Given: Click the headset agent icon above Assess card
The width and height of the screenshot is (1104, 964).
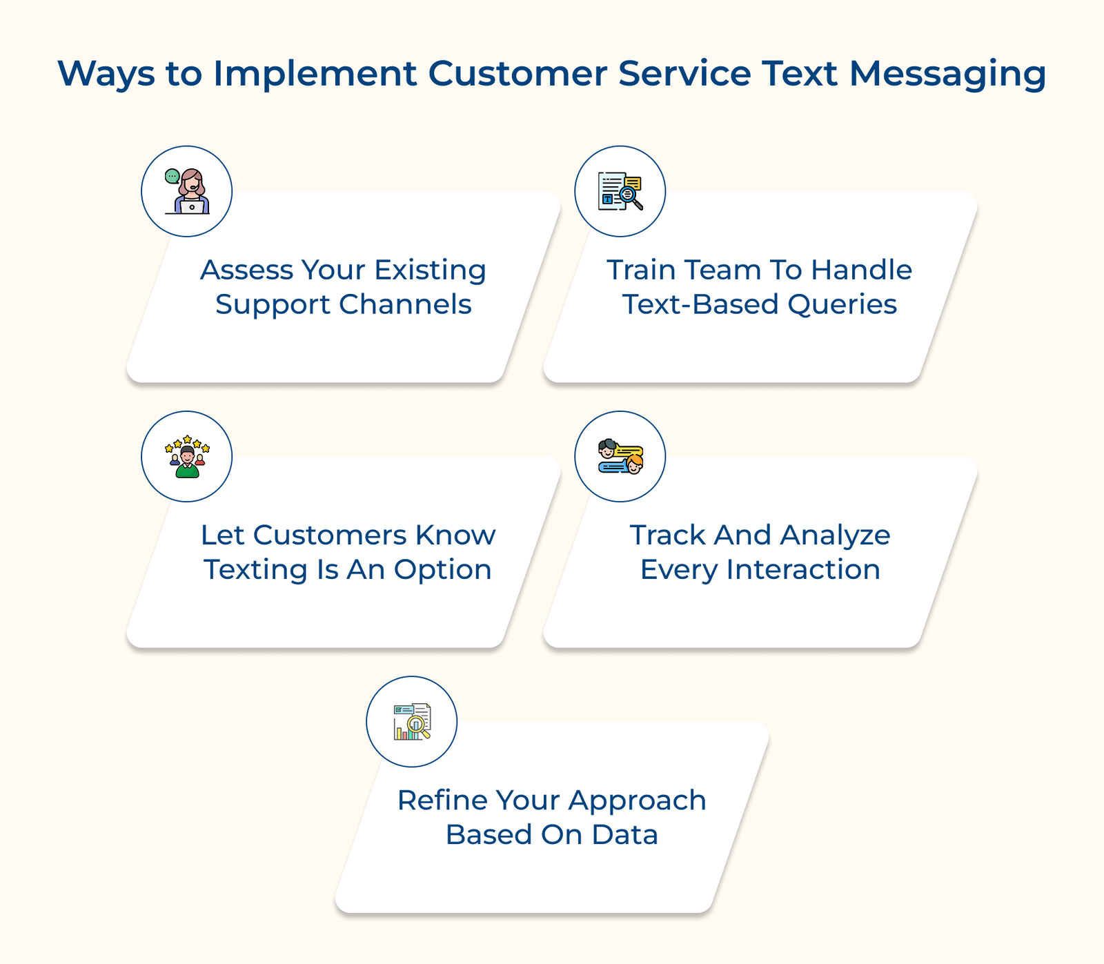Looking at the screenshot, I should pyautogui.click(x=187, y=191).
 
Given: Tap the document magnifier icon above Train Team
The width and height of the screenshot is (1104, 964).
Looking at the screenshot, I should pyautogui.click(x=620, y=191).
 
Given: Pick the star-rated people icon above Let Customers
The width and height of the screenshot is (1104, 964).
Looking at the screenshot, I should pyautogui.click(x=187, y=456).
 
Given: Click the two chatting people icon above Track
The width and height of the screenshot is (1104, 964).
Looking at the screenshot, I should pyautogui.click(x=620, y=456).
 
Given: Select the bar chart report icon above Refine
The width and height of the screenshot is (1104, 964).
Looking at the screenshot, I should pyautogui.click(x=412, y=721).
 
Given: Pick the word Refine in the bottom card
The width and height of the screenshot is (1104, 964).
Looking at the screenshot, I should pyautogui.click(x=442, y=800).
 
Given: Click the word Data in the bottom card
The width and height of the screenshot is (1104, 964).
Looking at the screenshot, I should pyautogui.click(x=624, y=835).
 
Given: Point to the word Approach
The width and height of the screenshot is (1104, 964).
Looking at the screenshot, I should pyautogui.click(x=637, y=800).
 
